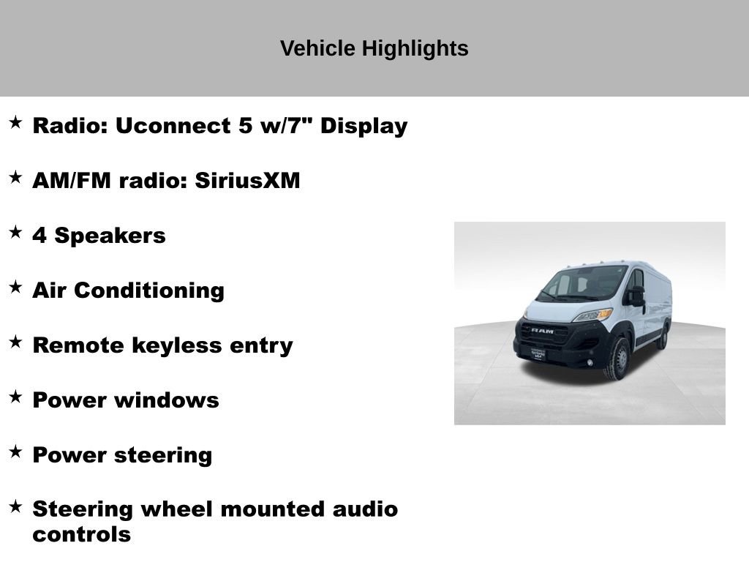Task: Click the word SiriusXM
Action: (247, 181)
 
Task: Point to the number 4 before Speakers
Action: (39, 236)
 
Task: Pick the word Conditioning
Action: (149, 291)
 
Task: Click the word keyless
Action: (193, 345)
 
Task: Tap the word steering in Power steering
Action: (162, 455)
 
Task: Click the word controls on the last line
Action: (81, 534)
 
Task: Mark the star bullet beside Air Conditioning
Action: (15, 288)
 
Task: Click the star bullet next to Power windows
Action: (15, 397)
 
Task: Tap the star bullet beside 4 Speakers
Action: (15, 233)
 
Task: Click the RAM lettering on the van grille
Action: (542, 331)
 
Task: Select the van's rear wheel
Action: (663, 337)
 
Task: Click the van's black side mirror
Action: (637, 296)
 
